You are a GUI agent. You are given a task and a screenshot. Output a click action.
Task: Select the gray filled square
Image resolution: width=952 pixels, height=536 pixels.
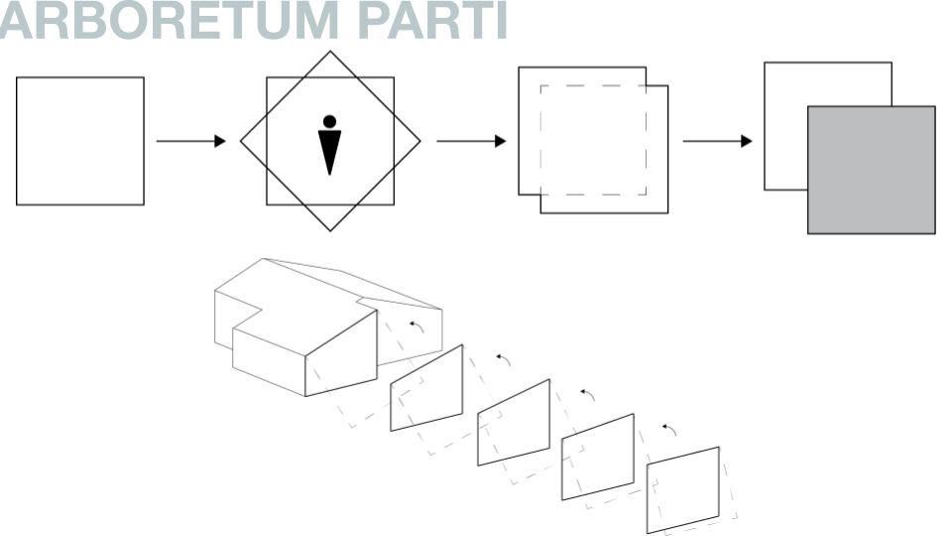pos(871,170)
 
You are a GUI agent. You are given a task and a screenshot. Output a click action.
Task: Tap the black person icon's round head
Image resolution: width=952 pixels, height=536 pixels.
pos(330,121)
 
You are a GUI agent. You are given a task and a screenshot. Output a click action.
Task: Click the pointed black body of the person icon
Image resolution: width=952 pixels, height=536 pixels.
pos(330,152)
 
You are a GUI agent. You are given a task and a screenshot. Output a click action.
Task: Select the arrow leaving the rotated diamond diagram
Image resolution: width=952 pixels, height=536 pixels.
pos(471,141)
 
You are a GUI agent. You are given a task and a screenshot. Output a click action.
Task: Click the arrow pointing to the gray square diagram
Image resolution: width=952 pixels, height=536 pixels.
pos(717,141)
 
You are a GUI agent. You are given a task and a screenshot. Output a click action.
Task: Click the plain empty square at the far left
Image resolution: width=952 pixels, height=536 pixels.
pos(79,141)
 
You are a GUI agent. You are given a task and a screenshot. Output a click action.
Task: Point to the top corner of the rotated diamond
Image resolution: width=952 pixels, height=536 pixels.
pos(330,53)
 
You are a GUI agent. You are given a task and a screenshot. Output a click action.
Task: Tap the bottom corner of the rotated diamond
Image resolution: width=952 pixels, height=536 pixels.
pos(330,230)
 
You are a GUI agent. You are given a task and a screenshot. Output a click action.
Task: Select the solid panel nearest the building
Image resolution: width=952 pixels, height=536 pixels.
pos(426,388)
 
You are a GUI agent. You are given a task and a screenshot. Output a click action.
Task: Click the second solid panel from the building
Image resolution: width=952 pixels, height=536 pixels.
pos(513,422)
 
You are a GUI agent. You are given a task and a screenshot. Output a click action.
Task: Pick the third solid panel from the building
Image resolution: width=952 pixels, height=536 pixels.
pos(597,457)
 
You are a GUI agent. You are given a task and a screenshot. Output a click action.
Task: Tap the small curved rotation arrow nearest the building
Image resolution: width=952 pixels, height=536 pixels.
pos(417,327)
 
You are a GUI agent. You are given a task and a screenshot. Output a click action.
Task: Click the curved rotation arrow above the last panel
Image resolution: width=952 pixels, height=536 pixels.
pos(669,428)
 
